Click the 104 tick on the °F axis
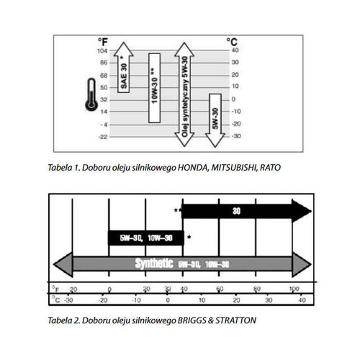pyautogui.click(x=104, y=51)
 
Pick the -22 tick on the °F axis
pyautogui.click(x=104, y=136)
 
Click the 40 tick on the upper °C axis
pyautogui.click(x=234, y=51)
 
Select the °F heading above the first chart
pyautogui.click(x=102, y=42)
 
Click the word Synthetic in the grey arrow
pyautogui.click(x=153, y=264)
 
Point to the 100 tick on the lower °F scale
pyautogui.click(x=294, y=289)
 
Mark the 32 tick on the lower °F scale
pyautogui.click(x=167, y=289)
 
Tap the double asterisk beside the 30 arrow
pyautogui.click(x=177, y=210)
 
